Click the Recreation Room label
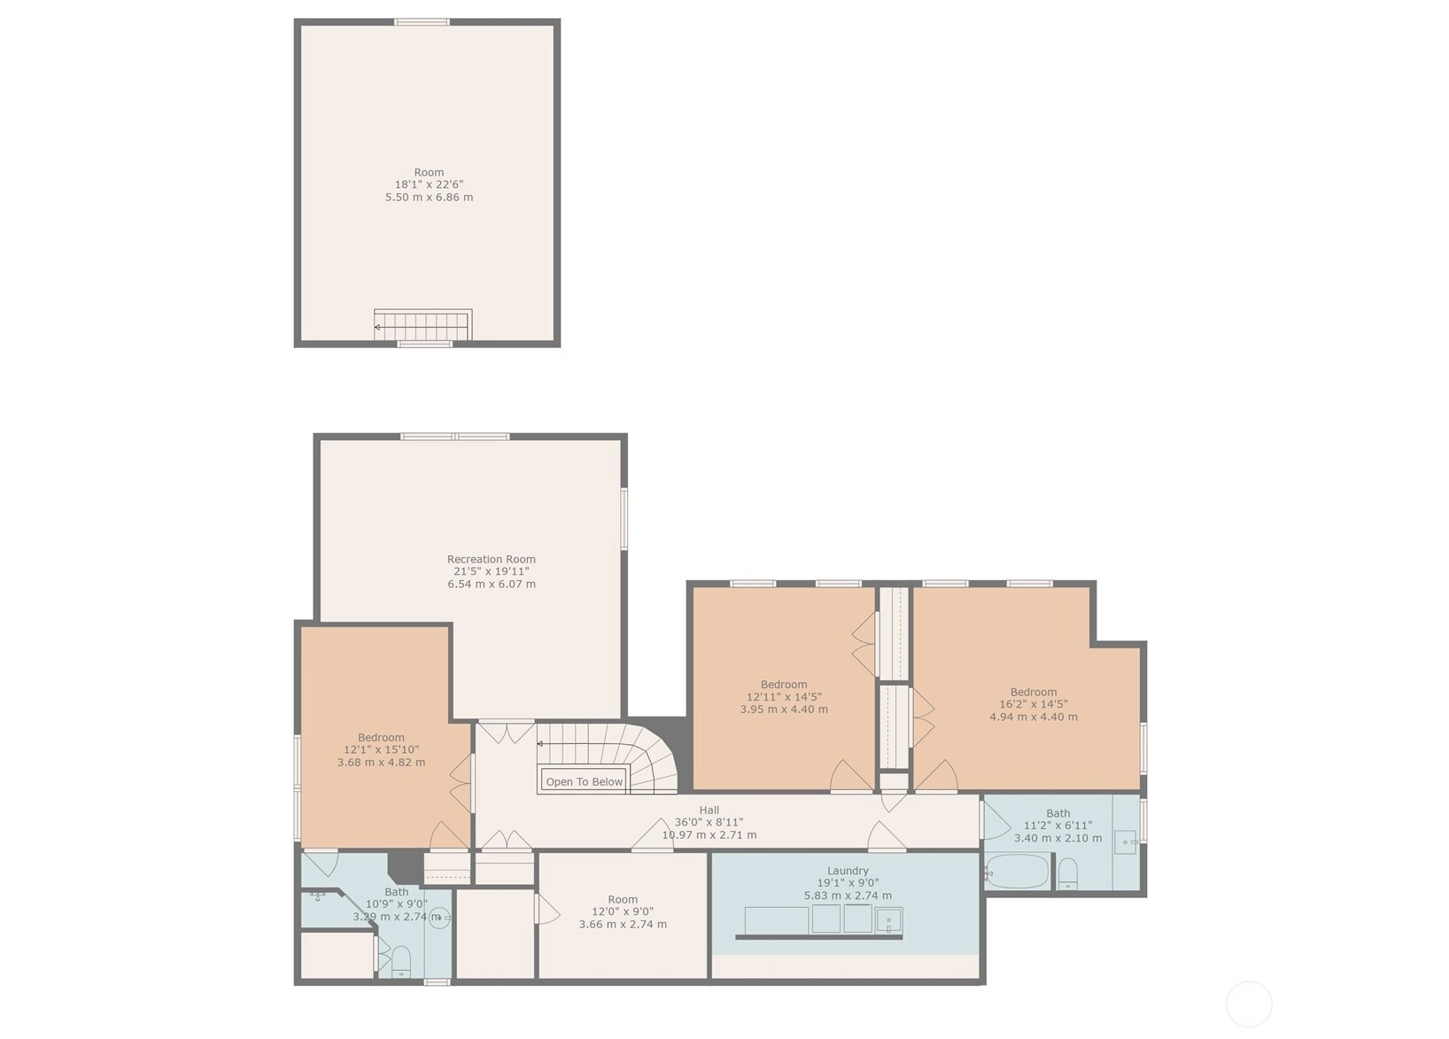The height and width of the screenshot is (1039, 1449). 491,559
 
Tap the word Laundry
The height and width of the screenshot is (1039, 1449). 848,871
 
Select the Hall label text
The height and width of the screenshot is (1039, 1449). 709,810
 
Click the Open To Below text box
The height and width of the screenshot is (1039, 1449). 585,781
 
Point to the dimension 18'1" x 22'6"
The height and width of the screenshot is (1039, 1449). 429,184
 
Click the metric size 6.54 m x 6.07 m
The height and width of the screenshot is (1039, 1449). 492,584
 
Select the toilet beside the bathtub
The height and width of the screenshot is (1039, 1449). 1067,873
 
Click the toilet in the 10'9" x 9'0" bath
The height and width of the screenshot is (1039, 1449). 401,961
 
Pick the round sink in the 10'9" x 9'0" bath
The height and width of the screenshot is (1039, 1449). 440,918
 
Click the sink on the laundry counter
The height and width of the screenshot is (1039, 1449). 889,920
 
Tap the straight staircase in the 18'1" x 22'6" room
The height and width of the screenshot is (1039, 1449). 423,325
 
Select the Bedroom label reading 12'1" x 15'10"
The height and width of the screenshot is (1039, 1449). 381,738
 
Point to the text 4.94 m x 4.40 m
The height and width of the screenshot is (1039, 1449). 1034,717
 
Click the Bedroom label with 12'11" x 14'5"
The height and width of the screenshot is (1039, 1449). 784,685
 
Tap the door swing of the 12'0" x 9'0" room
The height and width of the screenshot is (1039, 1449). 547,909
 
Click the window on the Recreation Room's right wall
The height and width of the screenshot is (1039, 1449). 624,519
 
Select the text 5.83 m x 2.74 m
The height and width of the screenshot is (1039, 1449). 848,896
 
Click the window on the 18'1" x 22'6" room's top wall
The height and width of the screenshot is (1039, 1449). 422,22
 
